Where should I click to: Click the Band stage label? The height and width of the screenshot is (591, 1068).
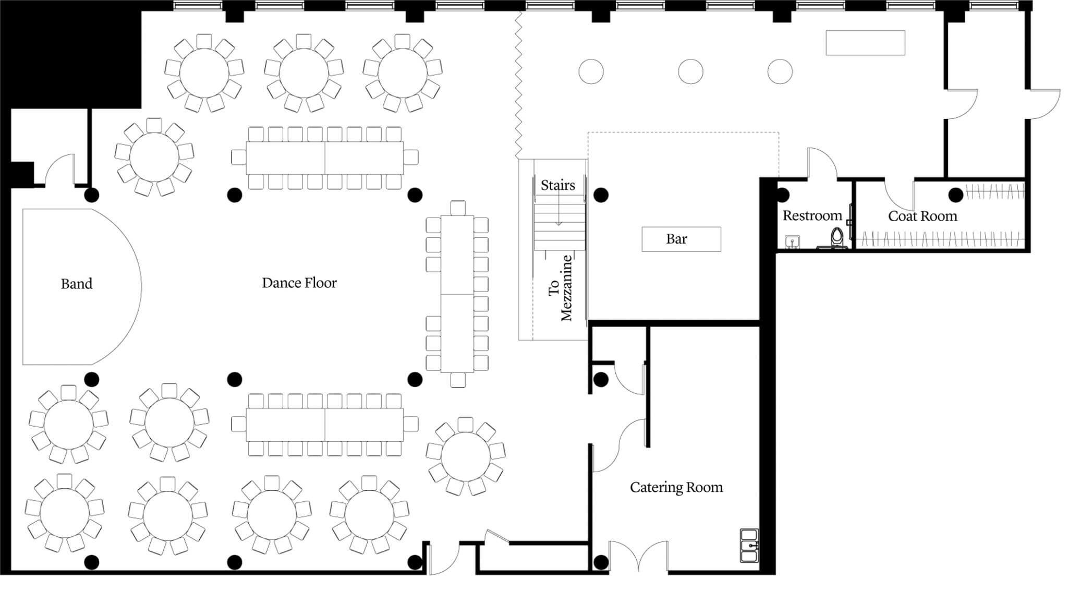point(77,284)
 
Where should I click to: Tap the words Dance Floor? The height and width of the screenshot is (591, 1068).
point(299,283)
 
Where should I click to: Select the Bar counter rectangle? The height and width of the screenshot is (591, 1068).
point(681,239)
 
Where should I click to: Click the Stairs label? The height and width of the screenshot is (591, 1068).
point(557,185)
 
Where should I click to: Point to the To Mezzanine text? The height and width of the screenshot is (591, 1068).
point(561,288)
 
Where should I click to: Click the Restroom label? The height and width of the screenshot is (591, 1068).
point(812,215)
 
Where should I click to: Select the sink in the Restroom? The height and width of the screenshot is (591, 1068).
point(792,242)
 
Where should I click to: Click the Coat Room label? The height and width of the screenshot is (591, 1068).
point(922,216)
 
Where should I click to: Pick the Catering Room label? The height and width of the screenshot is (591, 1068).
point(676,487)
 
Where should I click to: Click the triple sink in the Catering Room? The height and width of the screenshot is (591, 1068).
point(749,546)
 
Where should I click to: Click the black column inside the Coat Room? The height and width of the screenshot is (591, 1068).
point(955,195)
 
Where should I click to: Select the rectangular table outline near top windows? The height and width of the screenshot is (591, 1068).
point(865,43)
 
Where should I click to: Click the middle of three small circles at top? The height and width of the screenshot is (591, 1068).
point(690,71)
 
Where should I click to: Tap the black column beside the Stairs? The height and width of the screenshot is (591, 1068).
point(601,195)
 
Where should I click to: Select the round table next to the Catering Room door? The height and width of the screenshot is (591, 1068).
point(465,456)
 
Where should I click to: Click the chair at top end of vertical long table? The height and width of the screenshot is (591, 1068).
point(458,208)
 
